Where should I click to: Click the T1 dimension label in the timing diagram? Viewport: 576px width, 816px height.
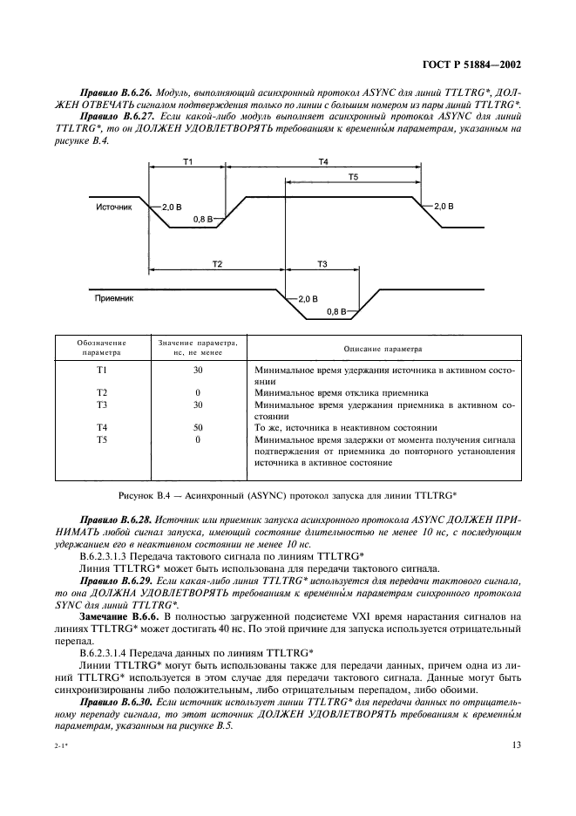(187, 162)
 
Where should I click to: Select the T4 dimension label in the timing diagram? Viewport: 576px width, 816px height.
(322, 162)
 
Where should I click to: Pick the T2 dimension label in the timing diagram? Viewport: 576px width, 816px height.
(217, 262)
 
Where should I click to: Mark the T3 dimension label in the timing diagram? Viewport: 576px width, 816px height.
(322, 262)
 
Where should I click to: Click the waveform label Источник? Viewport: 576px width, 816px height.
(114, 208)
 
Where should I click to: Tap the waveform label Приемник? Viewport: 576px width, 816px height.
(114, 297)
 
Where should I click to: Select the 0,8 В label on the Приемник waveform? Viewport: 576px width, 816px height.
(336, 310)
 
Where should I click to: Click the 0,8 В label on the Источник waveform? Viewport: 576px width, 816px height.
(203, 221)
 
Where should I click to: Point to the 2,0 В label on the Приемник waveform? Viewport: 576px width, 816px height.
(308, 298)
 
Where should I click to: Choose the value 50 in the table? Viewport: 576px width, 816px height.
(197, 427)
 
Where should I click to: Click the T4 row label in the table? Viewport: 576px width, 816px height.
(101, 427)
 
